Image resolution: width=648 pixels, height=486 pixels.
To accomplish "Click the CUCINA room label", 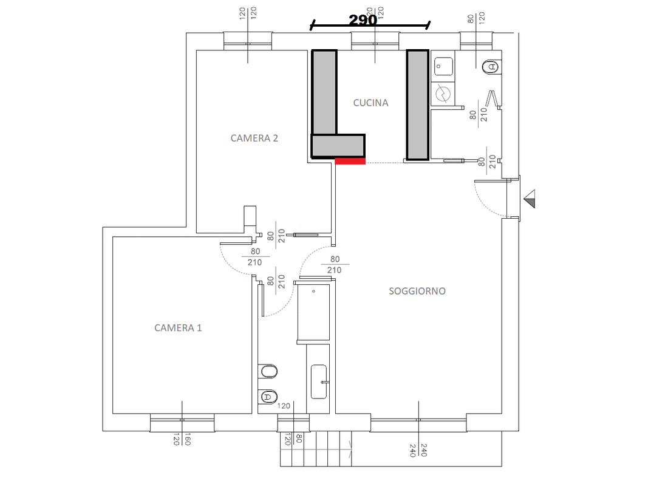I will (x=370, y=103).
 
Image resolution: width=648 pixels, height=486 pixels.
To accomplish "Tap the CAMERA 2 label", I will (x=254, y=138).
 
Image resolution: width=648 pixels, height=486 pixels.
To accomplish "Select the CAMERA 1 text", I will (x=178, y=328).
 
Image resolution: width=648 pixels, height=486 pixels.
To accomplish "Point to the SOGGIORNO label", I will (x=417, y=292).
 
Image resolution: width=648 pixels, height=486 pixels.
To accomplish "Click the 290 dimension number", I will (x=363, y=19).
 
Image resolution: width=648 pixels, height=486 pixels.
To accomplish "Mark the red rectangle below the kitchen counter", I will (x=350, y=162).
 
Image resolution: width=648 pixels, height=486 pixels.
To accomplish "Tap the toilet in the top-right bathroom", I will (x=490, y=66).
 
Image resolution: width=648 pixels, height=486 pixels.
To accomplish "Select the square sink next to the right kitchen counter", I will (x=443, y=66).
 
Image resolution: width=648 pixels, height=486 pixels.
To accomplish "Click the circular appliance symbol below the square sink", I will (x=443, y=94).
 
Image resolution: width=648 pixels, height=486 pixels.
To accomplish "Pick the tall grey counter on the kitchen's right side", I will (x=417, y=105).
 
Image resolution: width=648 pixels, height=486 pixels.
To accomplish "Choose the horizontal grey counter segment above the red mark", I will (x=338, y=146).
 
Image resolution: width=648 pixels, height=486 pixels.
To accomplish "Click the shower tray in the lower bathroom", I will (x=313, y=312).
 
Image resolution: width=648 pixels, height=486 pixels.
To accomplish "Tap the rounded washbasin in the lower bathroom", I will (x=319, y=382).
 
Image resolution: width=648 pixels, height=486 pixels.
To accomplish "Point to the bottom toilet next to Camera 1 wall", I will (x=268, y=397).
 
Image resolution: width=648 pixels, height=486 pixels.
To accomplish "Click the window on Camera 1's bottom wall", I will (x=182, y=420).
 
